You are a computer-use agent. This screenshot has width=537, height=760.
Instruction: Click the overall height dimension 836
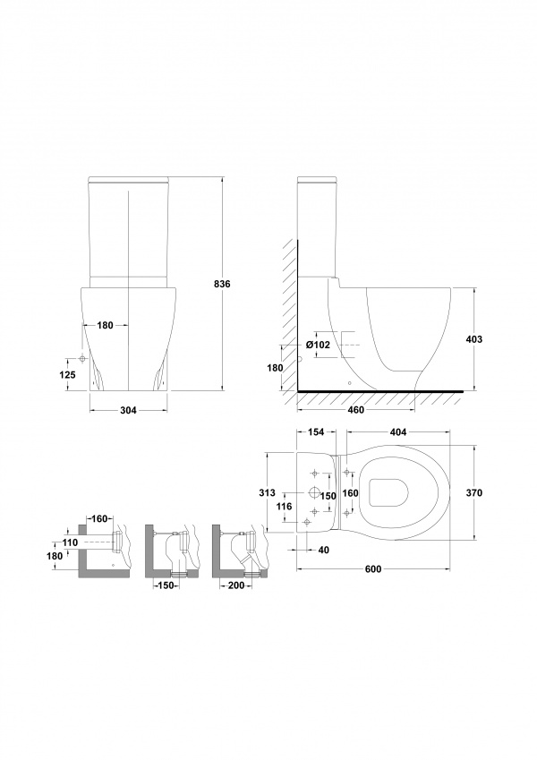pos(221,284)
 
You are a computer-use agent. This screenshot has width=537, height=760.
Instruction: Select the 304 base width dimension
pos(129,411)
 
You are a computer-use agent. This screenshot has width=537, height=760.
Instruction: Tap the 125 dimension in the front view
pos(68,374)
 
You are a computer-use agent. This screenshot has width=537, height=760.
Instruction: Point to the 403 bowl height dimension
pos(473,339)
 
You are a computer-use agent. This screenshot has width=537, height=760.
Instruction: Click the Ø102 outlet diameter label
pos(318,345)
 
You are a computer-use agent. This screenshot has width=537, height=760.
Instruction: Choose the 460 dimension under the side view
pos(355,411)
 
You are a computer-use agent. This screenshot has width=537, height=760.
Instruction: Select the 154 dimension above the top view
pos(316,432)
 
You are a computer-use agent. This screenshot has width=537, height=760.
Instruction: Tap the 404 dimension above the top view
pos(398,432)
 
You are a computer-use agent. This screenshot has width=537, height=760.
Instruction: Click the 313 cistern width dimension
pos(267,493)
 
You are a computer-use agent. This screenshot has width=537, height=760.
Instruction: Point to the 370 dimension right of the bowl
pos(473,493)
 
